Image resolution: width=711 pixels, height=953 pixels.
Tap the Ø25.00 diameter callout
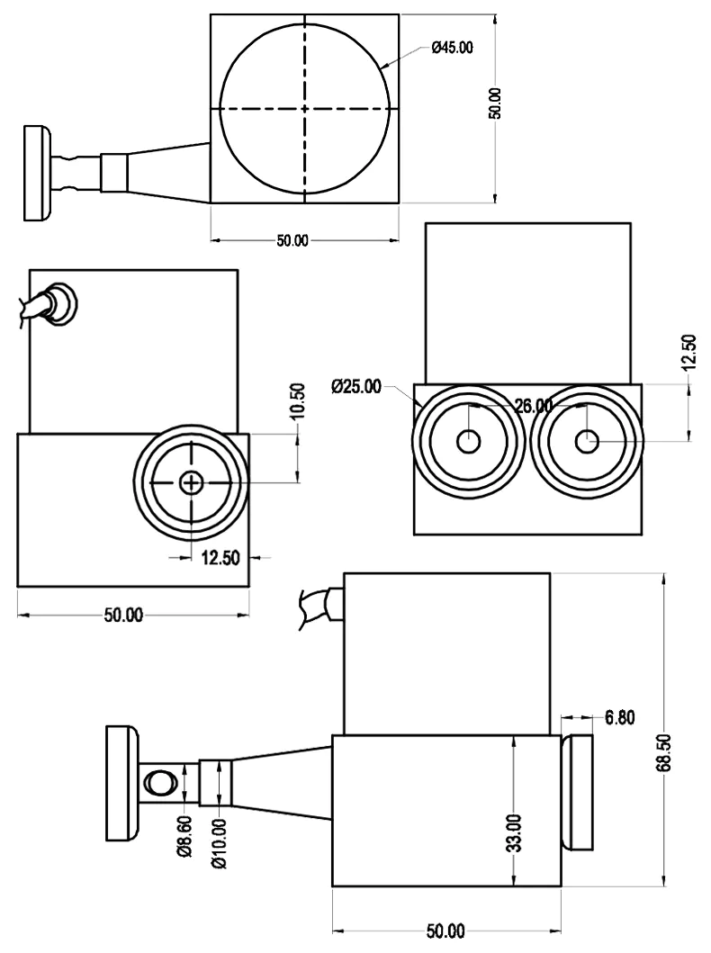click(x=356, y=387)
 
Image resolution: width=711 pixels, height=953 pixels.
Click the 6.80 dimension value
click(x=620, y=717)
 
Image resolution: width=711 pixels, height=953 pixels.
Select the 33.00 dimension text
click(x=513, y=833)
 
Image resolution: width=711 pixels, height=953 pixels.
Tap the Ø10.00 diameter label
click(x=219, y=850)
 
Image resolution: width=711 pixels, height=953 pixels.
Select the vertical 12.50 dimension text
click(x=689, y=352)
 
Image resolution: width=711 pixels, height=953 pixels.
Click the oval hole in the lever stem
click(x=159, y=782)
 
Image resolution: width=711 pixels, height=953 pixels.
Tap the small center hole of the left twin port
click(x=468, y=441)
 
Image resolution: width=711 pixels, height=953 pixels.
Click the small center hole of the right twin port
click(x=587, y=441)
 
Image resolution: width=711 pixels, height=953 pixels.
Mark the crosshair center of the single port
click(x=191, y=483)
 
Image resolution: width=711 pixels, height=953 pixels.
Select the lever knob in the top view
click(x=37, y=173)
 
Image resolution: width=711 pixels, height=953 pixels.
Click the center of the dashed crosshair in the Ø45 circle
click(x=305, y=108)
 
